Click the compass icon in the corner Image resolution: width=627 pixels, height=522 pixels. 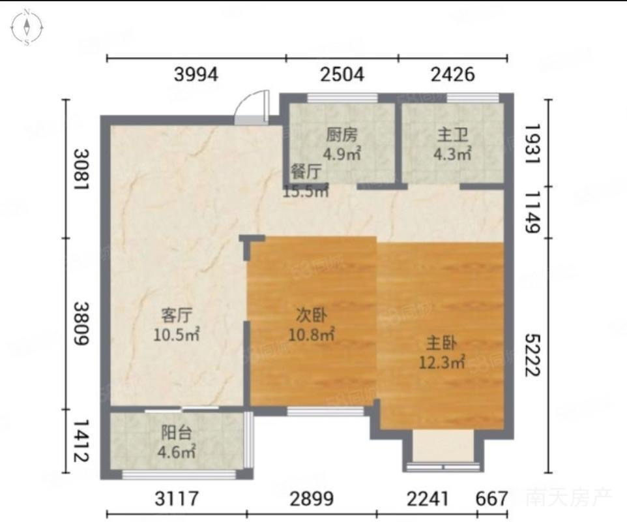[27, 27]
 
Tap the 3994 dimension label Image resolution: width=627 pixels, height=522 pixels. [196, 75]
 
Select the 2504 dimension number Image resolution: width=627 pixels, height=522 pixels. [342, 75]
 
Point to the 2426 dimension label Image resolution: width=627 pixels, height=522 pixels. [453, 75]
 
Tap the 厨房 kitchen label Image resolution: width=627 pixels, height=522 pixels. [342, 135]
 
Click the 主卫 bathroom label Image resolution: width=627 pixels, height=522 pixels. [452, 135]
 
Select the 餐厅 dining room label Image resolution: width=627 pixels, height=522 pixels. [306, 172]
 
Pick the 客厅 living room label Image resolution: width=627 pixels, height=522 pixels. [177, 315]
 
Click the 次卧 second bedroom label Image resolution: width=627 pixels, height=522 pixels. [312, 315]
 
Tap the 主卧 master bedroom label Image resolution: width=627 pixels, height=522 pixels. [442, 343]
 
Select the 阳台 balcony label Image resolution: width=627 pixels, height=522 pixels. [177, 433]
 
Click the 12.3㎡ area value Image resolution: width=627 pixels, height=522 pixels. [442, 362]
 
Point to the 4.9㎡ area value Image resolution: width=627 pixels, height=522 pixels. [342, 154]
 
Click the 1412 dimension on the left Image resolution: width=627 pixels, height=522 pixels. [81, 440]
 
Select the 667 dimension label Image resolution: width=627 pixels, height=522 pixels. [492, 499]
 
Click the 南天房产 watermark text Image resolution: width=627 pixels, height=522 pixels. [568, 498]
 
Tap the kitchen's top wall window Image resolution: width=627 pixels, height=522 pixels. [342, 98]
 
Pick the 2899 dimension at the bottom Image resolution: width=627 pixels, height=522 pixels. [312, 499]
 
